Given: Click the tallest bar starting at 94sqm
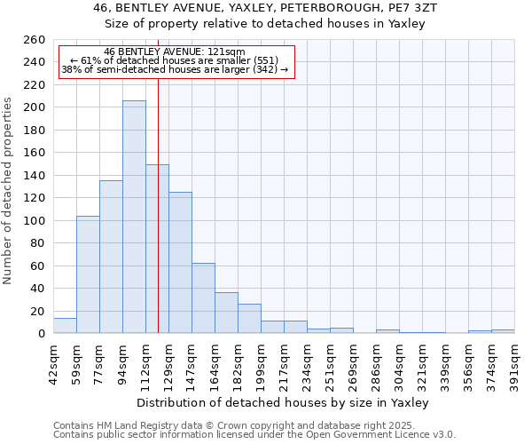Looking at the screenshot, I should pos(134,218).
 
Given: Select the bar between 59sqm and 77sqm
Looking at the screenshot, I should pos(88,275).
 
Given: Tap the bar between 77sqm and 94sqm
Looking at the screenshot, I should pos(111,258).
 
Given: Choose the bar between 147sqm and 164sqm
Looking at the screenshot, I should pos(203,298).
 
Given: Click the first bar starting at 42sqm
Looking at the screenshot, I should pos(65,326).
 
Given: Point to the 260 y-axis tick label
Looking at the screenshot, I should pos(35,40).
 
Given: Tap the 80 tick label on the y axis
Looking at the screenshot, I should pos(38,243).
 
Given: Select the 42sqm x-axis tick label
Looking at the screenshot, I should pos(53,360).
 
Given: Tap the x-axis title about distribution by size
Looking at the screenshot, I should pos(284,402).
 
